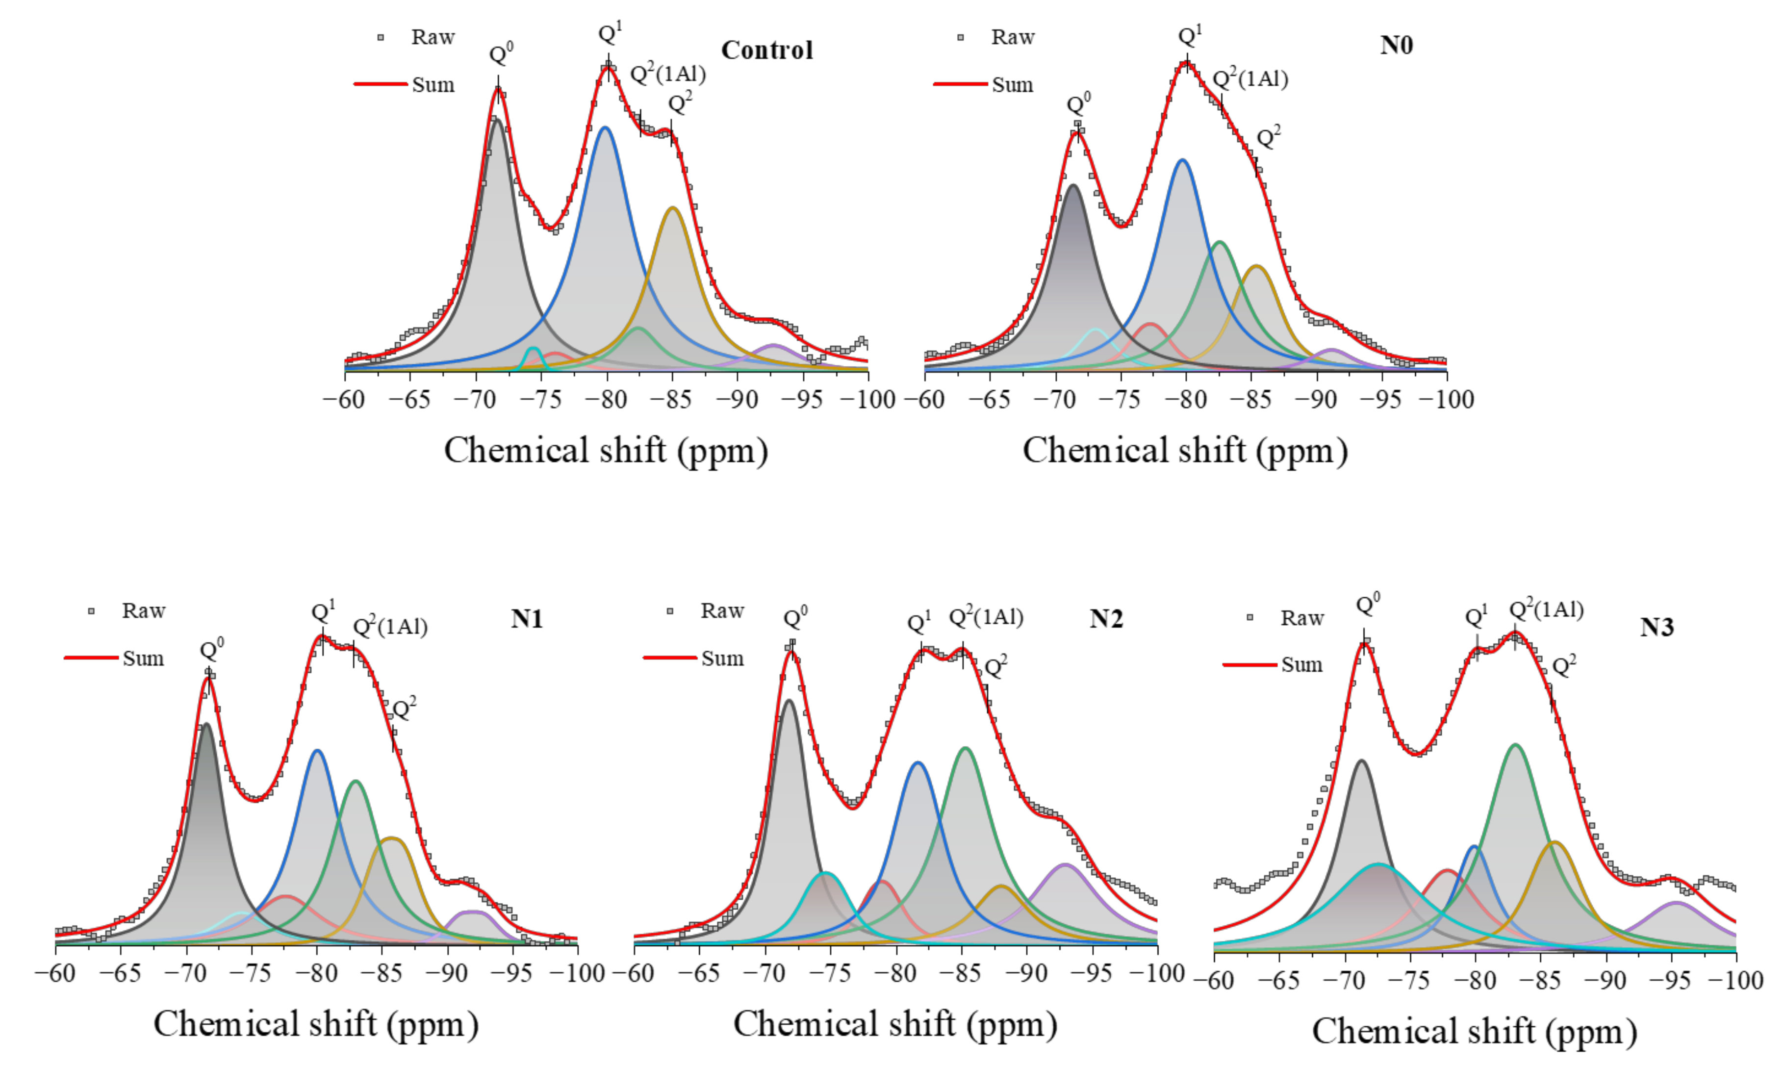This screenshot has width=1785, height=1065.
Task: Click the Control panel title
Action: tap(766, 50)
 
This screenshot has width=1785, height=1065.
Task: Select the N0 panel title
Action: tap(1396, 45)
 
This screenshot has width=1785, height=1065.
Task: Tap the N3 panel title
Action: tap(1657, 627)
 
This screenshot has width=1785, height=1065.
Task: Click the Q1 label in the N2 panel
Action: tap(918, 621)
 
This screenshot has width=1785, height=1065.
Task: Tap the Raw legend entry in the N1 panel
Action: tap(143, 611)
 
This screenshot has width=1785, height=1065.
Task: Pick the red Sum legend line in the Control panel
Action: tap(381, 84)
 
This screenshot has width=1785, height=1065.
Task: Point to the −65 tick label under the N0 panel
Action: tap(989, 399)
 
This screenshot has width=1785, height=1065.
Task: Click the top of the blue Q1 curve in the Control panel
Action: tap(604, 128)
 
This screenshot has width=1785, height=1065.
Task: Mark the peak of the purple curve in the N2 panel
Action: tap(1065, 865)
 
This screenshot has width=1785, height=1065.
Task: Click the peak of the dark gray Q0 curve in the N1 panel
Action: tap(207, 724)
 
